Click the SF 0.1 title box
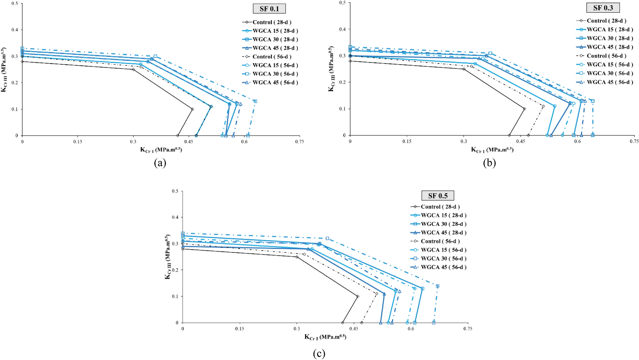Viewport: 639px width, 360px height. pyautogui.click(x=269, y=9)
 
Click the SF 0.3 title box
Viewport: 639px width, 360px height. pyautogui.click(x=603, y=8)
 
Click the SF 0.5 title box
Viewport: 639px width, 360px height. pyautogui.click(x=437, y=196)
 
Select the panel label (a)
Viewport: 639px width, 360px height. pyautogui.click(x=160, y=163)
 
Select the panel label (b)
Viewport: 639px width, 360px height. pyautogui.click(x=489, y=163)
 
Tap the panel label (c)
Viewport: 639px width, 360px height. pyautogui.click(x=319, y=353)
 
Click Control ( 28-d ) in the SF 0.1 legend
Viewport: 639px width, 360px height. pyautogui.click(x=272, y=22)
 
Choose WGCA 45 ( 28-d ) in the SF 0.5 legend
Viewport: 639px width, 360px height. pyautogui.click(x=444, y=233)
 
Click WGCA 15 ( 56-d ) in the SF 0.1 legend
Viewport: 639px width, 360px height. pyautogui.click(x=275, y=65)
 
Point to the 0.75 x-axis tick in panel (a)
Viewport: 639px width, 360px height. pyautogui.click(x=299, y=142)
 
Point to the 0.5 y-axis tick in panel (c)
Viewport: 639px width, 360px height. pyautogui.click(x=175, y=191)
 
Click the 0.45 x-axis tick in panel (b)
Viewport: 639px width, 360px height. pyautogui.click(x=521, y=141)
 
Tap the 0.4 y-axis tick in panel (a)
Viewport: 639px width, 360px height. pyautogui.click(x=15, y=30)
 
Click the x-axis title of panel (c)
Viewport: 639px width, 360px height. pyautogui.click(x=325, y=337)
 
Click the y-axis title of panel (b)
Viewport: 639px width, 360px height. pyautogui.click(x=331, y=69)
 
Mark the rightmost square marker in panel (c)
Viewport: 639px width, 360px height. pyautogui.click(x=437, y=286)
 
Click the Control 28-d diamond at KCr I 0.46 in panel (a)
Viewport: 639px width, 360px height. pyautogui.click(x=192, y=109)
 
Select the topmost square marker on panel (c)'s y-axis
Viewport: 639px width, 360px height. pyautogui.click(x=183, y=233)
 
